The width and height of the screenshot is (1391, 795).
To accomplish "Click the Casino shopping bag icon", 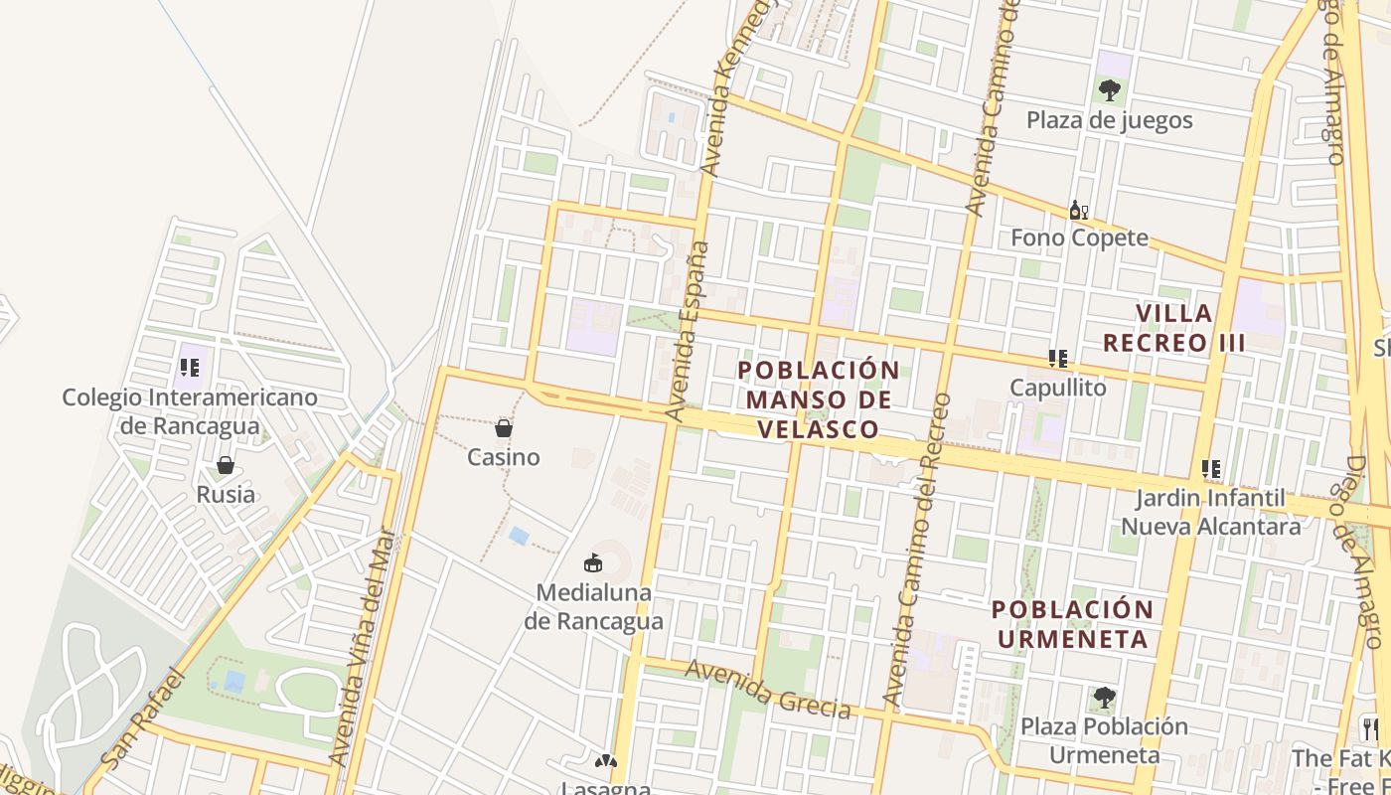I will pos(504,428).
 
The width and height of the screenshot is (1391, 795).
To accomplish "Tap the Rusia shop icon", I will pos(226,465).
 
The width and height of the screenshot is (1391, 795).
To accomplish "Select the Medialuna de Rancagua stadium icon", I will pos(593,562).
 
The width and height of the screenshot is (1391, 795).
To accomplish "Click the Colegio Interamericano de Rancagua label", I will pos(190,411).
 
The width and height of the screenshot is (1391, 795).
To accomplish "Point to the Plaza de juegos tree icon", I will pos(1110,90).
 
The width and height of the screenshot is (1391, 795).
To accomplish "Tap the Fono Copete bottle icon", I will pos(1078,210).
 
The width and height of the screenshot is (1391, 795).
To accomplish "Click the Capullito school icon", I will pos(1058,358).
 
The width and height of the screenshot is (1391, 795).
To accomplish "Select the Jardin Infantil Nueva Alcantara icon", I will pos(1210,468).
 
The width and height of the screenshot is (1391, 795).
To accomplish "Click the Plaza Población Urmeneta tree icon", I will pos(1104,698).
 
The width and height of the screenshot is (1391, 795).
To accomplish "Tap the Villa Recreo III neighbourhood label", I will pos(1173,328).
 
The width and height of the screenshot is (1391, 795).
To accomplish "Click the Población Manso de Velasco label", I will pos(819,399).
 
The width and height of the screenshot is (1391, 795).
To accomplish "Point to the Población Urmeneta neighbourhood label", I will pos(1073,624).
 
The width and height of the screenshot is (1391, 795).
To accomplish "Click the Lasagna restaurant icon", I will pos(605,761).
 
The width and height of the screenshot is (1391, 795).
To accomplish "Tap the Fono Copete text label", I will pos(1079,238).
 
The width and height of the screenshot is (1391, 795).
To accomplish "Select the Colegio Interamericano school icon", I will pos(189,368).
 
